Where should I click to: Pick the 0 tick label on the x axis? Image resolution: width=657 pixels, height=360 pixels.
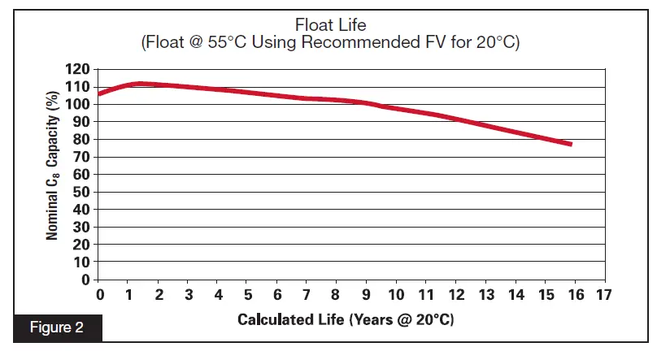(100, 294)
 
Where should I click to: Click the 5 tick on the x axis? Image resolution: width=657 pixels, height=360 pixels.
(248, 294)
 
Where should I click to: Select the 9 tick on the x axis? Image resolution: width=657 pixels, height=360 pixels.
(367, 294)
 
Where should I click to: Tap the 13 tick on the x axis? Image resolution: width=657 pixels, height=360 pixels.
(485, 294)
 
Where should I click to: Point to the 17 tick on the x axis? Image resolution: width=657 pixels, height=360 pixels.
(603, 294)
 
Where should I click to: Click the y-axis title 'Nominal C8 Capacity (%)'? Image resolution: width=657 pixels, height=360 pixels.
(53, 175)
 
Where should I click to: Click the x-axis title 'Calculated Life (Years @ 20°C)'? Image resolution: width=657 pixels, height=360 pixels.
(346, 319)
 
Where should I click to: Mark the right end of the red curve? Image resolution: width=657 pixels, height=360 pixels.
(571, 144)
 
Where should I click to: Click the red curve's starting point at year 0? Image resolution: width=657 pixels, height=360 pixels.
(101, 93)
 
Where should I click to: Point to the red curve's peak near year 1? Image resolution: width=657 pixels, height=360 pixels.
(138, 84)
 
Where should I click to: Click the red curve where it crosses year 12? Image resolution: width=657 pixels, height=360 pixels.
(455, 119)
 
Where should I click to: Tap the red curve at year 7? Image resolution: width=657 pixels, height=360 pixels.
(307, 98)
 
